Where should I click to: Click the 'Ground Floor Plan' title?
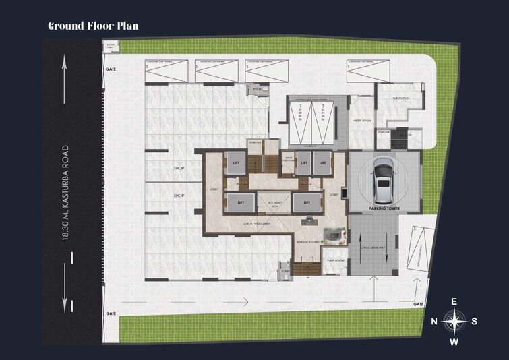coord(93,26)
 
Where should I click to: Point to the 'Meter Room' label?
coord(362,121)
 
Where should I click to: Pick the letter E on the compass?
coord(454,301)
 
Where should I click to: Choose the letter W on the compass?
coord(454,341)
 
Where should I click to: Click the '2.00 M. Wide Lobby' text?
coord(256,223)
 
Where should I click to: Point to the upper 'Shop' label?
coord(179,168)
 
